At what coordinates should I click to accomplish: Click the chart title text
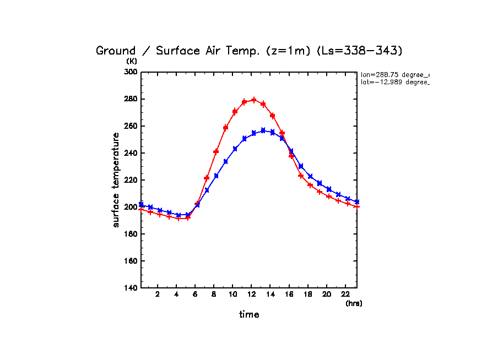tap(250, 51)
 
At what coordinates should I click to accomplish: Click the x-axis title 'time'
tap(249, 314)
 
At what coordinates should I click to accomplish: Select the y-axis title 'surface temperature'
tap(116, 180)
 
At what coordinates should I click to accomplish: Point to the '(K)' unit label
tap(132, 61)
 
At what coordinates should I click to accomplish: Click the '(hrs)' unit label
tap(354, 303)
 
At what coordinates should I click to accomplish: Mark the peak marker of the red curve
tap(254, 100)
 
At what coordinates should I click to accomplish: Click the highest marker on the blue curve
tap(263, 130)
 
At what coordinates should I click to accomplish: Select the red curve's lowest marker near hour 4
tap(178, 219)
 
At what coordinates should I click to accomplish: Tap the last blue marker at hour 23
tap(357, 202)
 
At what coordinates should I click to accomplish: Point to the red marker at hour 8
tap(216, 151)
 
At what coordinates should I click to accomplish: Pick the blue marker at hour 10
tap(235, 149)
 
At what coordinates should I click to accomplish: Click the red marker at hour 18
tap(310, 185)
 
